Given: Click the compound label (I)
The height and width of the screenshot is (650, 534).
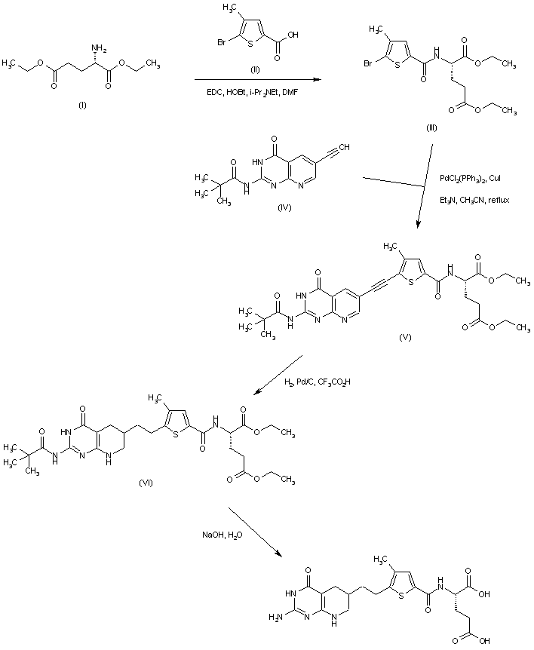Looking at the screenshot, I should point(82,105).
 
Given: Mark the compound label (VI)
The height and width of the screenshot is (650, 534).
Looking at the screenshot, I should point(146,483).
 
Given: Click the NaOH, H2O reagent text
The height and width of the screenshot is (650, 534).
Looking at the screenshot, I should point(222,535).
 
